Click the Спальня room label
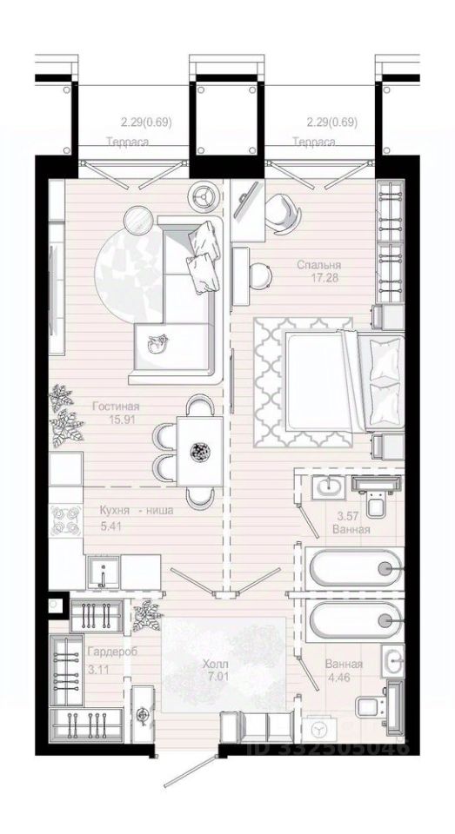319,265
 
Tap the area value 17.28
325,277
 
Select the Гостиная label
116,407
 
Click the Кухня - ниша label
137,511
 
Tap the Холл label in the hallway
216,665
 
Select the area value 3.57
348,516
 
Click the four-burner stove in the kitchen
65,520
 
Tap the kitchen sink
104,571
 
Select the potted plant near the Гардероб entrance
147,615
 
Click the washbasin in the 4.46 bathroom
393,661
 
